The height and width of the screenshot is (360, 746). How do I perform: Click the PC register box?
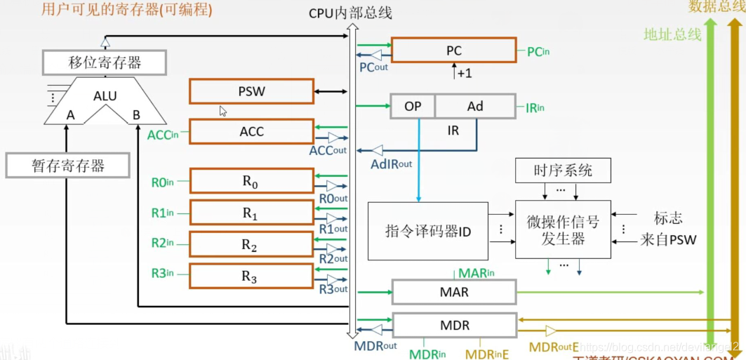click(x=453, y=51)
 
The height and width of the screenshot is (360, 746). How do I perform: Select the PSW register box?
click(x=251, y=91)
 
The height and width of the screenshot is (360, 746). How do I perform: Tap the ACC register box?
click(x=251, y=131)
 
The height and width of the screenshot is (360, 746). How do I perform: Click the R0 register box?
click(x=251, y=181)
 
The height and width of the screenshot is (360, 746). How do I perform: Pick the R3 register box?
click(x=251, y=276)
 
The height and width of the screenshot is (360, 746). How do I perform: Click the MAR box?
click(x=454, y=292)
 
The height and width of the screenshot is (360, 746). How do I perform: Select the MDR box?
click(x=454, y=326)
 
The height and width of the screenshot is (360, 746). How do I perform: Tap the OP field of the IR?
click(x=413, y=107)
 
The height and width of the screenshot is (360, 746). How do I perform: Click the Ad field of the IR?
click(x=475, y=107)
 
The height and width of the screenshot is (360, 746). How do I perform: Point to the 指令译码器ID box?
click(x=428, y=231)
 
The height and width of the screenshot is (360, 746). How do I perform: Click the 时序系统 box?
click(x=562, y=171)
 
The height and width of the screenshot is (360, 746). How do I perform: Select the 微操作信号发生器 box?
click(x=563, y=230)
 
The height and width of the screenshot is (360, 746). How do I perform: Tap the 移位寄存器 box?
click(x=105, y=62)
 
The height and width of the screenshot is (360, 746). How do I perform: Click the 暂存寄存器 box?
click(x=68, y=166)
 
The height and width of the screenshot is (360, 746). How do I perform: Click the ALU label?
click(x=105, y=96)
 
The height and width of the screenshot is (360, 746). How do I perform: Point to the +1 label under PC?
click(x=464, y=73)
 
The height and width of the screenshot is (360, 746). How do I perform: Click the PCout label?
click(x=373, y=68)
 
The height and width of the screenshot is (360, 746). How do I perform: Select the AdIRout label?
click(x=392, y=164)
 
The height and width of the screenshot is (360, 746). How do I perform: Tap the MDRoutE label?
click(x=554, y=347)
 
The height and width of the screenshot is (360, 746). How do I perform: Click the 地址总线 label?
click(x=672, y=34)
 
